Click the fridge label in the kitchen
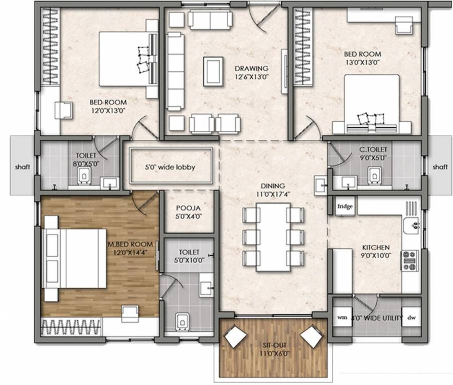tap(344, 207)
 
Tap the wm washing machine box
tap(342, 317)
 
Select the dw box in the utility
tap(411, 317)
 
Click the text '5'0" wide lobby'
tap(171, 167)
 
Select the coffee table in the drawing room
tap(214, 70)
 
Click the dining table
tap(273, 236)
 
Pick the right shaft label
tap(439, 167)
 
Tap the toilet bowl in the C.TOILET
tap(373, 175)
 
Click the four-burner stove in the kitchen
tap(409, 260)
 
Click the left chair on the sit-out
tap(233, 336)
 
